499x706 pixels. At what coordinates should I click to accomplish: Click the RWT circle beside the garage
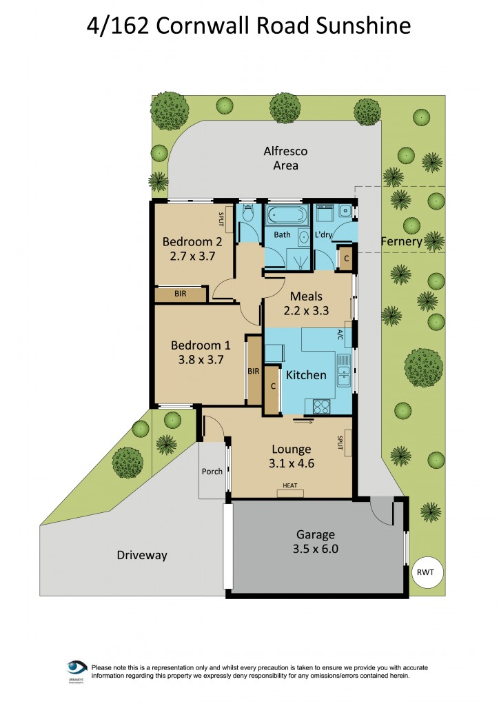click(x=427, y=573)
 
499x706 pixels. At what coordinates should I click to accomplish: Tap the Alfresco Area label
click(x=285, y=158)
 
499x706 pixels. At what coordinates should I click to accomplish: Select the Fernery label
click(x=401, y=242)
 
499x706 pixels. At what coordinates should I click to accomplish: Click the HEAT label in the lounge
click(x=290, y=486)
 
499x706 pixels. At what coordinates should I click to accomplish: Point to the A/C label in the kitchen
click(x=340, y=336)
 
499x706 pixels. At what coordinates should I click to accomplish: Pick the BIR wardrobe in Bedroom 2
click(x=181, y=294)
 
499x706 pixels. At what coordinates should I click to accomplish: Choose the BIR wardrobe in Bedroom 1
click(x=254, y=371)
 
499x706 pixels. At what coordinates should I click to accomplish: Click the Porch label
click(x=212, y=472)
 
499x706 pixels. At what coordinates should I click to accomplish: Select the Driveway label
click(x=141, y=555)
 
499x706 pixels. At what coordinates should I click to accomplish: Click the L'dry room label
click(x=324, y=235)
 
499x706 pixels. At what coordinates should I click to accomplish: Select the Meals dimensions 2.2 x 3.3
click(x=306, y=310)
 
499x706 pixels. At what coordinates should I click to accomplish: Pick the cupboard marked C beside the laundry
click(x=346, y=259)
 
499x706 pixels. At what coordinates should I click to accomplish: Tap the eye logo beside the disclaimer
click(x=77, y=668)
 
